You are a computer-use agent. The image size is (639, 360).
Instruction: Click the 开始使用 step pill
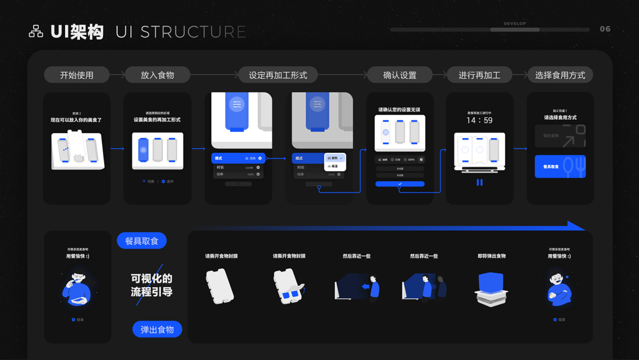pyautogui.click(x=76, y=75)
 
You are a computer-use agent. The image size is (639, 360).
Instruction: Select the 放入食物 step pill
pyautogui.click(x=157, y=75)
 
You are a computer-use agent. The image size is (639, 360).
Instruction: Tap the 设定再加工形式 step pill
pyautogui.click(x=278, y=75)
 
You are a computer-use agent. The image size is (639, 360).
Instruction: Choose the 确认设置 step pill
pyautogui.click(x=400, y=75)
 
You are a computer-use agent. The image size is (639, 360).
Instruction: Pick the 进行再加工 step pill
pyautogui.click(x=479, y=75)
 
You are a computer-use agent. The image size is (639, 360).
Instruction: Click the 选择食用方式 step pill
pyautogui.click(x=560, y=75)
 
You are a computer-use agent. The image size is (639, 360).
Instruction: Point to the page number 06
pyautogui.click(x=605, y=29)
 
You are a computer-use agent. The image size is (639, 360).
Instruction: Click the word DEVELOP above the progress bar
pyautogui.click(x=515, y=24)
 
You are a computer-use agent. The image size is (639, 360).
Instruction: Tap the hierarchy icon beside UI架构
pyautogui.click(x=36, y=31)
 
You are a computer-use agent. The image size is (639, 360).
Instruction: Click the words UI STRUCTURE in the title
pyautogui.click(x=181, y=32)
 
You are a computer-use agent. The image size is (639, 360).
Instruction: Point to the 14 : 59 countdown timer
pyautogui.click(x=479, y=120)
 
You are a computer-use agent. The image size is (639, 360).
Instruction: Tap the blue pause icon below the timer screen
pyautogui.click(x=479, y=183)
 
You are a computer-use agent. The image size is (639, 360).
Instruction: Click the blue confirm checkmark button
pyautogui.click(x=400, y=184)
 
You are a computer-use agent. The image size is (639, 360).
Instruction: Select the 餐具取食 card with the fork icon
pyautogui.click(x=560, y=166)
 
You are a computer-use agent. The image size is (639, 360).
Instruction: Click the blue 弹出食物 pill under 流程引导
pyautogui.click(x=157, y=329)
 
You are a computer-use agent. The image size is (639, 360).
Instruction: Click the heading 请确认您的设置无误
pyautogui.click(x=400, y=110)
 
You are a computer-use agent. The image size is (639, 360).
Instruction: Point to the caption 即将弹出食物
pyautogui.click(x=492, y=256)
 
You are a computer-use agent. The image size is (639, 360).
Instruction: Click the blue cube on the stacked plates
pyautogui.click(x=491, y=282)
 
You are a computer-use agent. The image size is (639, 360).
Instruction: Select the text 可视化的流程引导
pyautogui.click(x=151, y=285)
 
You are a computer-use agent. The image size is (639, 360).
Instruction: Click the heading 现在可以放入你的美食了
pyautogui.click(x=76, y=120)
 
